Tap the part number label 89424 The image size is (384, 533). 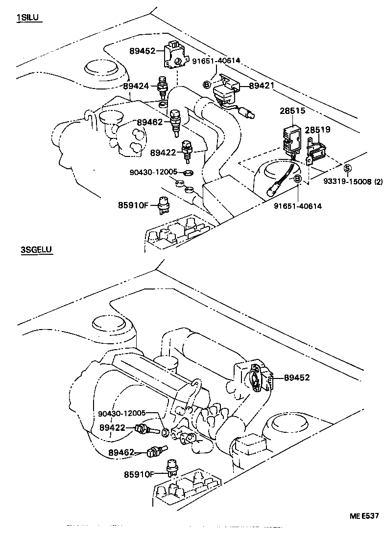tap(136, 86)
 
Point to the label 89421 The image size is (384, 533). tap(262, 86)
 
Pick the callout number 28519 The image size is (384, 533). tap(317, 130)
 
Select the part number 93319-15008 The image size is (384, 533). tap(348, 182)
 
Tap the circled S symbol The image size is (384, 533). tap(347, 169)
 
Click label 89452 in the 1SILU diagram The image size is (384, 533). tap(143, 51)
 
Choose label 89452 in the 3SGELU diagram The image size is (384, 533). tap(297, 378)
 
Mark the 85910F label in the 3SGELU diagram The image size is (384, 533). tap(139, 474)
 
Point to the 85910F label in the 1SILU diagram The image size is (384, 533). tap(132, 205)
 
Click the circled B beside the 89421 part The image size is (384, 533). tap(207, 85)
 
